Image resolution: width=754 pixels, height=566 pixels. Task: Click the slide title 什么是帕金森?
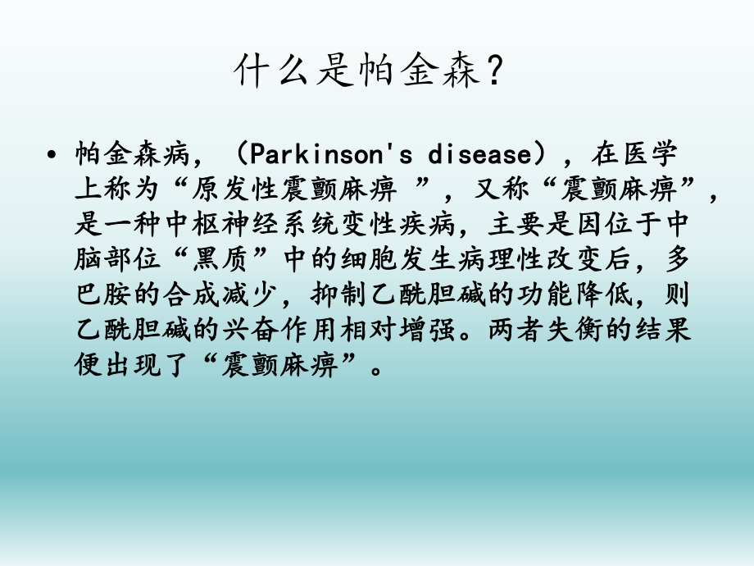(x=366, y=73)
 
